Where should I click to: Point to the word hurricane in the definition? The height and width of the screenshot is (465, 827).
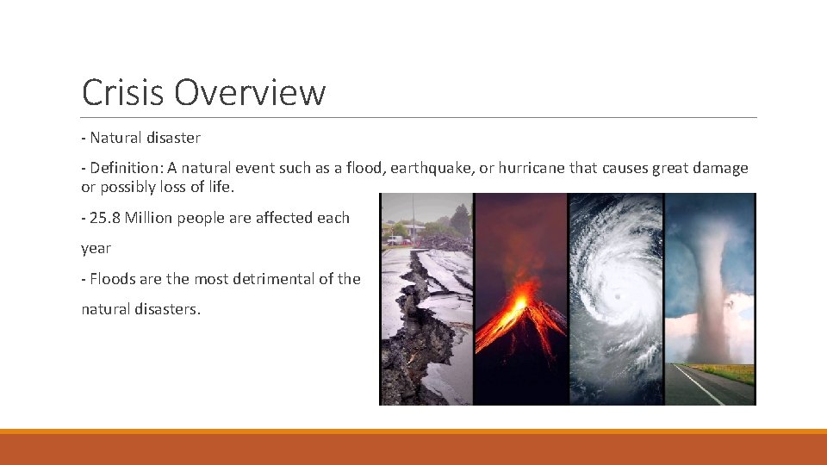coord(535,168)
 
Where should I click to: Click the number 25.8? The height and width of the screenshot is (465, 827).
coord(105,218)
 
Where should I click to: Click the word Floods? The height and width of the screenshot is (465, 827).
coord(112,278)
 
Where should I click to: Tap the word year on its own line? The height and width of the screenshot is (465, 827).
coord(96,248)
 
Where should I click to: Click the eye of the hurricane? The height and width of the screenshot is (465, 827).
coord(617,295)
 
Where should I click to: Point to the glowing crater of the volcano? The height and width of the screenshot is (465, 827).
coord(519,302)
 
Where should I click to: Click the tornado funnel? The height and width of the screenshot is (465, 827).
coord(710,284)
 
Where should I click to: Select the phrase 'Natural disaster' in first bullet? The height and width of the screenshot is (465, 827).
coord(145,138)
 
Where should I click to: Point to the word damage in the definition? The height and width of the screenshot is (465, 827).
coord(721,168)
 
